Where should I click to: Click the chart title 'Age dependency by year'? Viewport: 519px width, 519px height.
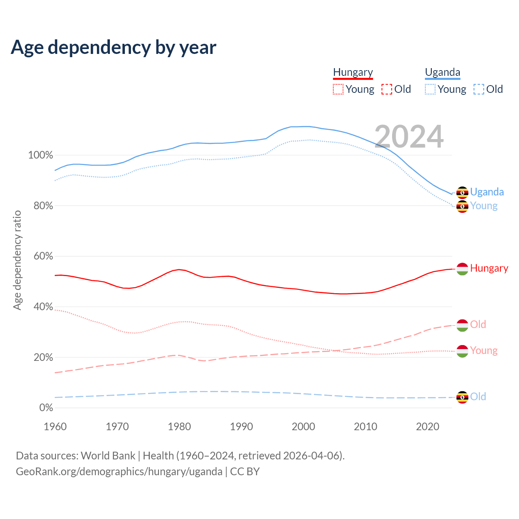click(x=114, y=47)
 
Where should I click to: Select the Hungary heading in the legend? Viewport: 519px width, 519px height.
click(x=353, y=72)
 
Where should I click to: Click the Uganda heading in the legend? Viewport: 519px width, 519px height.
click(x=442, y=72)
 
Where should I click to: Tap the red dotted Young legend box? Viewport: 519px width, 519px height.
click(x=338, y=89)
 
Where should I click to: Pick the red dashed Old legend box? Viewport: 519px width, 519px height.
click(x=387, y=89)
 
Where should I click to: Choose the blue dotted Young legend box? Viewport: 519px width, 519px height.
click(x=430, y=89)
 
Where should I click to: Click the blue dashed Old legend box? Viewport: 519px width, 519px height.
click(x=479, y=89)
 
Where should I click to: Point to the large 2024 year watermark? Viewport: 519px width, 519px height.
click(x=409, y=137)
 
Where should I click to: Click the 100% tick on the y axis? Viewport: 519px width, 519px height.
click(x=41, y=155)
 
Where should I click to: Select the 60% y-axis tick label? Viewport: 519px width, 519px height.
click(x=43, y=256)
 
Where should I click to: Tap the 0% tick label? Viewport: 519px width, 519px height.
click(x=46, y=408)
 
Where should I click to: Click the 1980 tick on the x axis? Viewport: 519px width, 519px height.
click(x=179, y=427)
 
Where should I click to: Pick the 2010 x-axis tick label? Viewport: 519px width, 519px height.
click(x=365, y=427)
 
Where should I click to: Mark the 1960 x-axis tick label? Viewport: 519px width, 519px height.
click(x=55, y=427)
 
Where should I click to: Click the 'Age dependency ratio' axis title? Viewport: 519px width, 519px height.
click(x=17, y=260)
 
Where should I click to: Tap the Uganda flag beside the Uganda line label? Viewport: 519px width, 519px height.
click(x=462, y=193)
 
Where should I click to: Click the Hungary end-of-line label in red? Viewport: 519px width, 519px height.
click(x=489, y=268)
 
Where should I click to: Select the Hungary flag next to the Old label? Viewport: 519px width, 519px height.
click(x=462, y=325)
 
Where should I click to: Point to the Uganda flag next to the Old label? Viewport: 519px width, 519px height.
click(x=462, y=397)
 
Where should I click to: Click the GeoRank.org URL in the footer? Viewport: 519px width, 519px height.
click(x=119, y=472)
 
